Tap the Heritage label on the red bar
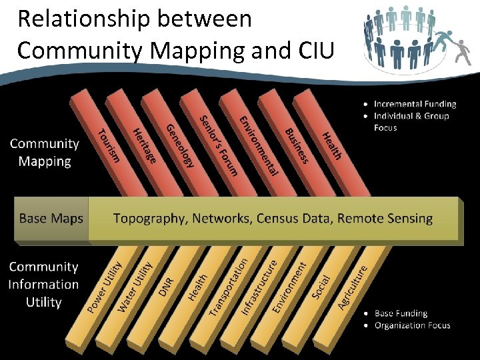coord(145,146)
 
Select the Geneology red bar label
coord(180,147)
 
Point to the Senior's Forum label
coord(219,146)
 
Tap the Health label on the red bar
coord(332,146)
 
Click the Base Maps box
coord(51,218)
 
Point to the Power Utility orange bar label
coord(105,287)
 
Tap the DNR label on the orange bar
coord(167,287)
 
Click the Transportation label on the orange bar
coord(229,287)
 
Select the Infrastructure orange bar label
coord(259,287)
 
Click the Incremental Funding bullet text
coord(415,104)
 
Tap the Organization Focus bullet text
coord(412,325)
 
